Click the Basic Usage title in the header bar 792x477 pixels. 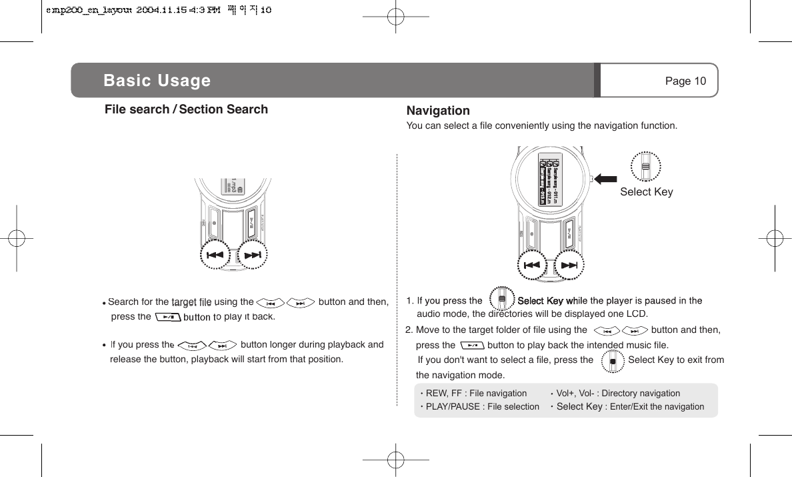(x=157, y=81)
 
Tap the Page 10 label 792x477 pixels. (x=685, y=81)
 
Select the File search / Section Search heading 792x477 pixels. (x=186, y=109)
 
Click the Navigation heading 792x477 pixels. (x=438, y=111)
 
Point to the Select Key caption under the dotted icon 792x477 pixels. (x=646, y=192)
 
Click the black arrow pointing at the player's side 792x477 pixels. (x=607, y=178)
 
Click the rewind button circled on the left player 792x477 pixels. (x=215, y=256)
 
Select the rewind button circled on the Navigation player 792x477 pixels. (x=532, y=265)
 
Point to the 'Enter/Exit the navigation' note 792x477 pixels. (x=657, y=406)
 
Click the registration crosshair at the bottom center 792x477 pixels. (x=396, y=460)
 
